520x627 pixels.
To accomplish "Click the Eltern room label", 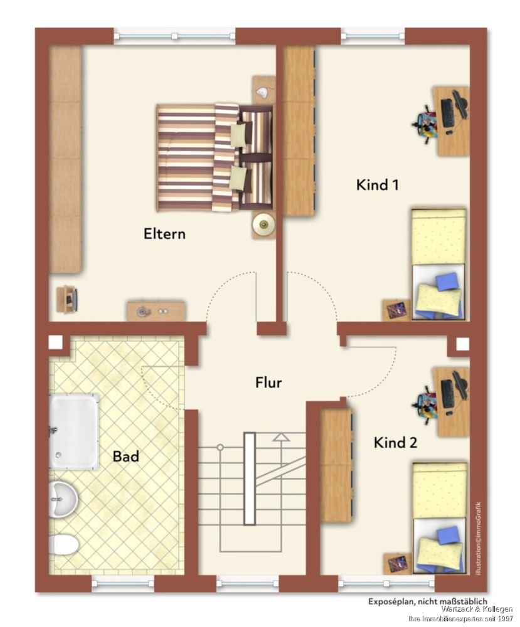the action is point(164,234).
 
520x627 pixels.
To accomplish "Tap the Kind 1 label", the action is point(377,185).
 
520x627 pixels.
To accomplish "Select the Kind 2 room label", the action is point(395,443).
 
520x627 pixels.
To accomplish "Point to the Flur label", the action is point(268,382).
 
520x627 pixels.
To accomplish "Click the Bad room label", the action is point(126,456).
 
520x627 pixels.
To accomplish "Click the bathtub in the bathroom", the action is point(74,431).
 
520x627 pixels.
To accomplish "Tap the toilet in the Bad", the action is point(64,545).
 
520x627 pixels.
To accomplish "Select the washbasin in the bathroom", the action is point(63,499).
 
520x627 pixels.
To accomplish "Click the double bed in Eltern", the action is point(215,157).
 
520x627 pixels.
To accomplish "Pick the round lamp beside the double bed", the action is point(263,224).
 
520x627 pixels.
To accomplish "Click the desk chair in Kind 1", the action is point(425,123).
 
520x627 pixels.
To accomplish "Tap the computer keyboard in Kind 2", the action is point(447,393).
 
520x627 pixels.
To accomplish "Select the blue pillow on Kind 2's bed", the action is point(448,535).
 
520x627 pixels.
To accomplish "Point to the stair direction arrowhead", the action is point(281,437).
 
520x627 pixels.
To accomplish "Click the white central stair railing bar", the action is point(250,478).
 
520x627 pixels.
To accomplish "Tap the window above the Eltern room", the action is point(175,36).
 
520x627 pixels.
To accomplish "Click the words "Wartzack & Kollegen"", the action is point(477,609).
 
